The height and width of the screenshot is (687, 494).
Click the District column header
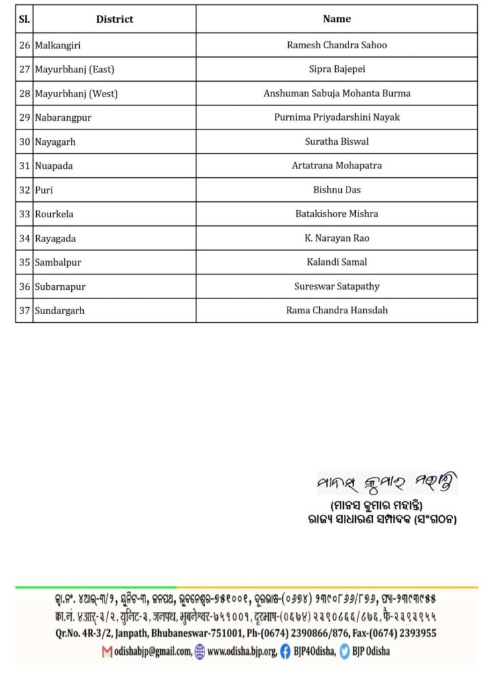point(114,19)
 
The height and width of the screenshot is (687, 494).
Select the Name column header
point(336,19)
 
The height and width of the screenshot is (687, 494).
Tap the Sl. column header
point(24,19)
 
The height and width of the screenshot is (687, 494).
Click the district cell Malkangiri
point(62,45)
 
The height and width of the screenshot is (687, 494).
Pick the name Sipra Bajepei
point(336,69)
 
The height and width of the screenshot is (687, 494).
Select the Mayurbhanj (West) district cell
point(76,93)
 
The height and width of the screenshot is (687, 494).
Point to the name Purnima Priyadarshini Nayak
point(336,117)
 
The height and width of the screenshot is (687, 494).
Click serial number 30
point(25,142)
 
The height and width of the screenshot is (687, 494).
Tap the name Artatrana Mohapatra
point(336,166)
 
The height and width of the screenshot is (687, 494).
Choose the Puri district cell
point(44,190)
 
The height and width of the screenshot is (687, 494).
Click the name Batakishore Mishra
point(336,214)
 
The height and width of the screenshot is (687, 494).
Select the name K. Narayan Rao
point(336,238)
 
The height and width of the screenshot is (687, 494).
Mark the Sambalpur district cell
point(58,262)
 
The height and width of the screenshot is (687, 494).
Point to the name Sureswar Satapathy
point(336,286)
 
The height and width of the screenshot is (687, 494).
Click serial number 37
point(25,311)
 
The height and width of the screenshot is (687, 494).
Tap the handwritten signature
point(387,482)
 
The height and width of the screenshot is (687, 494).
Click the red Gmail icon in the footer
point(107,651)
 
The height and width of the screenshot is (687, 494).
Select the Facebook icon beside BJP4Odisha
point(286,651)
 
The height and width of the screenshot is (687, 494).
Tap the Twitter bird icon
point(345,651)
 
